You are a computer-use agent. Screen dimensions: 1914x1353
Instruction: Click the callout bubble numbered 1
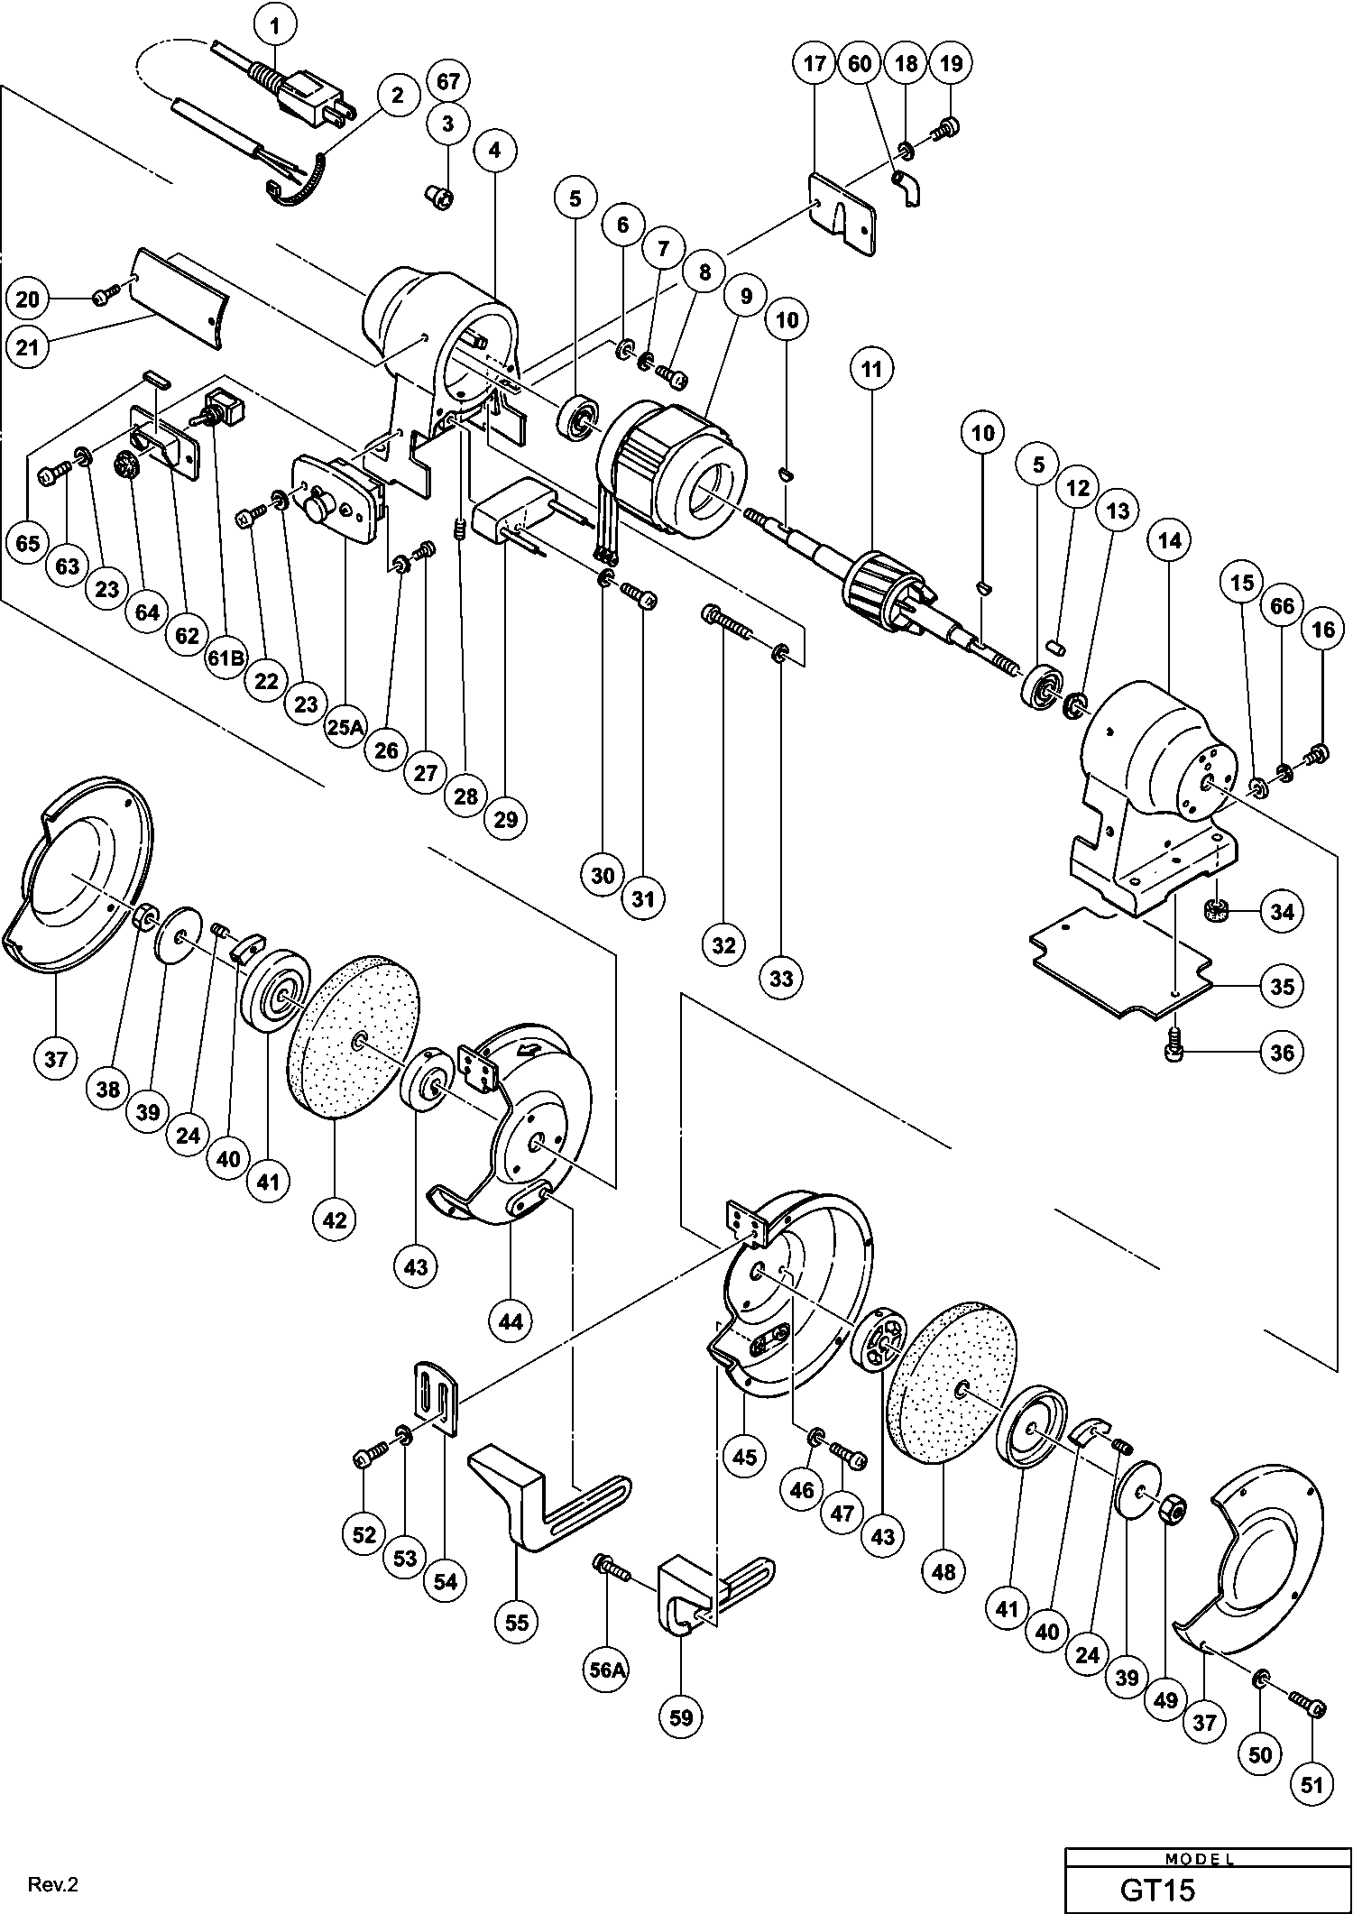point(275,28)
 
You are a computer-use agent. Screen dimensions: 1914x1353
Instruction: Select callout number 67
point(448,81)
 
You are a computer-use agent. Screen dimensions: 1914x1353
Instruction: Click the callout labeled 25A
point(345,727)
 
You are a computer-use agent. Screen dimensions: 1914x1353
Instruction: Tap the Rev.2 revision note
point(54,1884)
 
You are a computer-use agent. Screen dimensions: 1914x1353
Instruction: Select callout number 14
point(1169,540)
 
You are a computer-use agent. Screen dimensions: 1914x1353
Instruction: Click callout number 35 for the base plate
point(1282,986)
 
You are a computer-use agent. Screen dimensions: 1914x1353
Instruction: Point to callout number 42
point(335,1219)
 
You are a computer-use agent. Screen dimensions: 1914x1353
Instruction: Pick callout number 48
point(944,1571)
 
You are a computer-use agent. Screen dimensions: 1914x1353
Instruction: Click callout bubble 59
point(681,1717)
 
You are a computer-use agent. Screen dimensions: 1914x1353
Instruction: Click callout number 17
point(815,64)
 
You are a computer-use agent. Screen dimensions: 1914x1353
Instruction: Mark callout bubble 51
point(1312,1784)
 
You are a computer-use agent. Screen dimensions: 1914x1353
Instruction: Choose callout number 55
point(517,1623)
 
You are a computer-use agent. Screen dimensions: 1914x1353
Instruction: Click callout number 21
point(28,345)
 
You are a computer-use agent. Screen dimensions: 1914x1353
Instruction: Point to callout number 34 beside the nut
point(1282,911)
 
